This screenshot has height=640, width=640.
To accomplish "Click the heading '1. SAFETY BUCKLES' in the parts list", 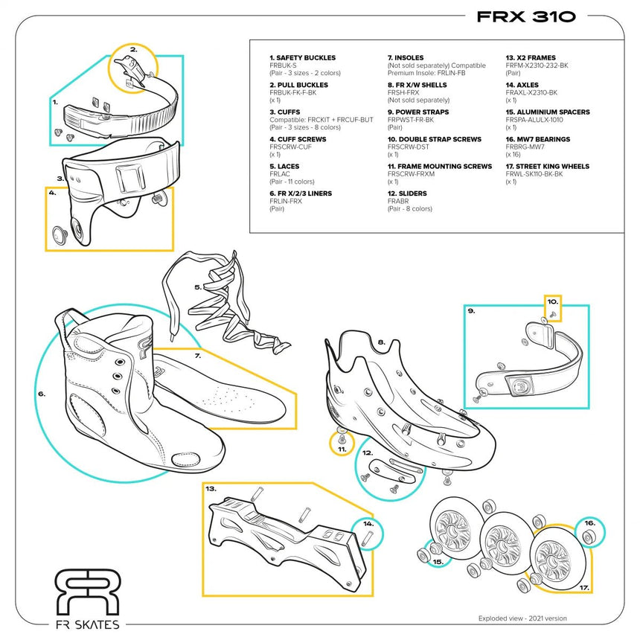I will pyautogui.click(x=302, y=57).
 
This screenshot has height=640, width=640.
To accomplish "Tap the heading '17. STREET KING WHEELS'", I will pyautogui.click(x=547, y=167).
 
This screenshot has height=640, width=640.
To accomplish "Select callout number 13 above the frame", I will pyautogui.click(x=211, y=489).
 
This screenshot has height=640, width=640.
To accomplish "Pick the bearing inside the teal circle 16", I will pyautogui.click(x=589, y=534).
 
